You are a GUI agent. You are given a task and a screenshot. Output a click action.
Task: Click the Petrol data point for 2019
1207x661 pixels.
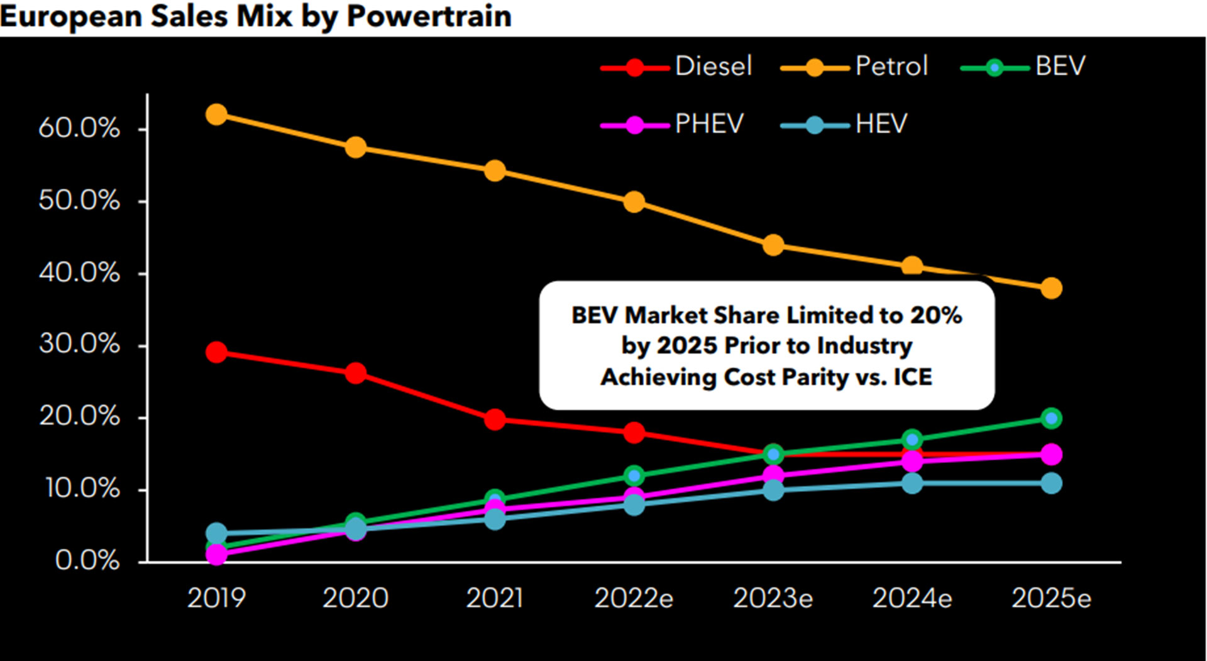216,114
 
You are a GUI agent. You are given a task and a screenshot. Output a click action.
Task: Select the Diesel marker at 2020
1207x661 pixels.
356,373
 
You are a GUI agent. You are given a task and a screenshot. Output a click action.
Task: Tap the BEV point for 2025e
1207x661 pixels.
1051,418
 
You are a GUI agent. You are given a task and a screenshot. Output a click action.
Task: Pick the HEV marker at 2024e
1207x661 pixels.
912,483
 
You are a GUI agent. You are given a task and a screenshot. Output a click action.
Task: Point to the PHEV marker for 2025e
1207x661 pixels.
1051,454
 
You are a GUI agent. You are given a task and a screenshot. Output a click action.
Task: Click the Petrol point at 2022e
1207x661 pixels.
634,202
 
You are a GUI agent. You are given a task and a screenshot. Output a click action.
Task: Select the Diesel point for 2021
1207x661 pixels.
495,419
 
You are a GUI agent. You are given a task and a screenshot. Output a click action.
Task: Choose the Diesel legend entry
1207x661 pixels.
676,67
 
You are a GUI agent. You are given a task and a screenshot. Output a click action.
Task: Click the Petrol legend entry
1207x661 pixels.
855,67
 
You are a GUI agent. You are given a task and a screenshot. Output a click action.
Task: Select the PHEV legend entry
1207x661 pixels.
673,124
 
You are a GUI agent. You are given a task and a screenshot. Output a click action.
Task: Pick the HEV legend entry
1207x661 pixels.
845,124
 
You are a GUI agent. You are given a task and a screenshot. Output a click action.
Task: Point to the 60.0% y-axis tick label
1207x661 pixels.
79,128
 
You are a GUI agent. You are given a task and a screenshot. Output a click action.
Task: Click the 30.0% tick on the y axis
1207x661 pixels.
79,344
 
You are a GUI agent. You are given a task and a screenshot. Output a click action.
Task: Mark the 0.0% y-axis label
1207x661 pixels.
87,560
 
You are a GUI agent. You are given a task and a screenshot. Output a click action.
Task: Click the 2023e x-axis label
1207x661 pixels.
773,598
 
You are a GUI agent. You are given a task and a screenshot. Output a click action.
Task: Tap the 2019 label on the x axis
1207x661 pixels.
216,598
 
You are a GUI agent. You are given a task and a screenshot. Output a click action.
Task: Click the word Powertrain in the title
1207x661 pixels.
429,16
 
